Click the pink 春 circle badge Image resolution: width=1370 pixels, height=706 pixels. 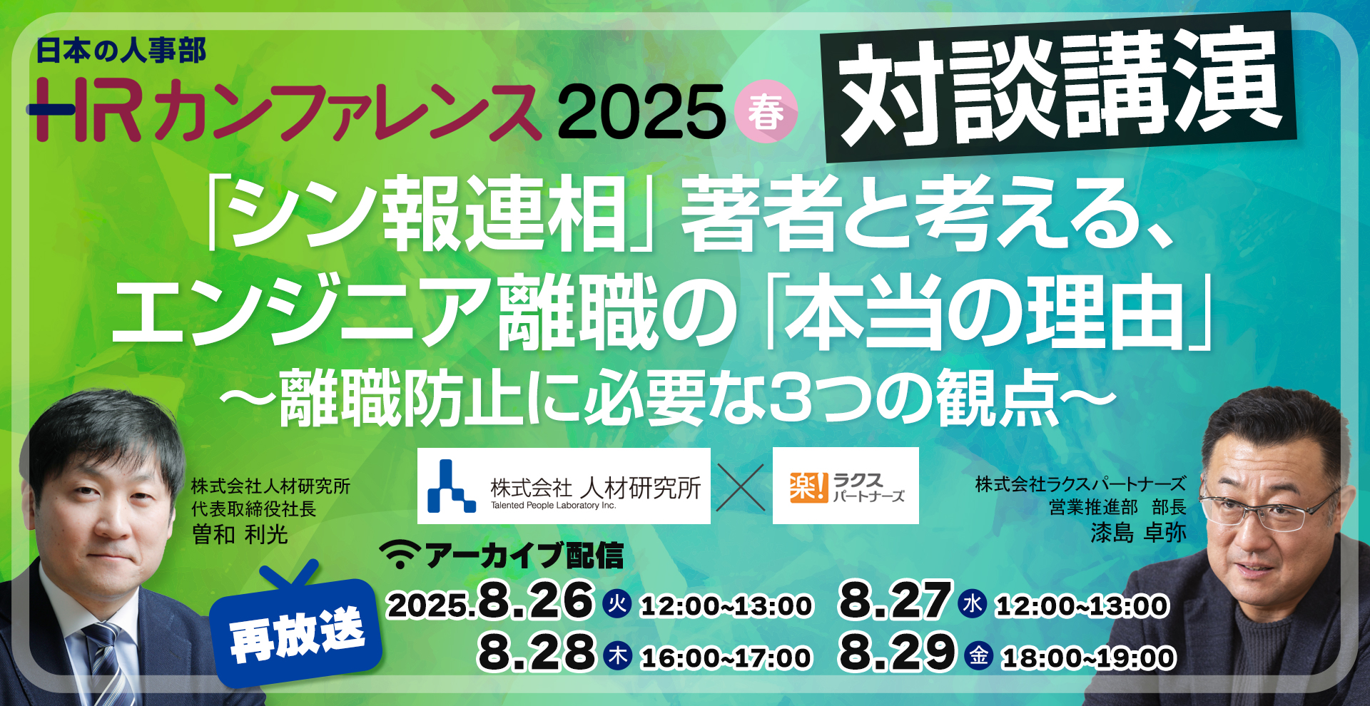coord(766,112)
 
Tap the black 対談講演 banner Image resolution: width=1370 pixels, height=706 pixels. coord(1060,86)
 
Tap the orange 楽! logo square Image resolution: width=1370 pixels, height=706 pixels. coord(808,487)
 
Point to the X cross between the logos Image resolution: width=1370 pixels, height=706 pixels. coord(740,487)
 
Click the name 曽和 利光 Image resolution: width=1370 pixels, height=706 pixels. coord(240,534)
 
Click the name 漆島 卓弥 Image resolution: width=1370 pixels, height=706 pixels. coord(1138,532)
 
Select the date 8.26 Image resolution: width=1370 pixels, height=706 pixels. coord(535,600)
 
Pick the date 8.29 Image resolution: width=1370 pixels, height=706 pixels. coord(897,652)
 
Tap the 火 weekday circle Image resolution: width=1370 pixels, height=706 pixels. coord(617,604)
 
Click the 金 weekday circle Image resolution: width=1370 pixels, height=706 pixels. coord(979,655)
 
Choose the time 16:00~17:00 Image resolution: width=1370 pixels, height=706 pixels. coord(726,658)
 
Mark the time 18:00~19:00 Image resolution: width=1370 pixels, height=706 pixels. coord(1089,658)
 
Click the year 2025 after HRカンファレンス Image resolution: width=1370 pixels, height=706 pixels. coord(641,112)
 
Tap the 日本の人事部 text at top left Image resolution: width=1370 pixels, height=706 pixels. coord(121,51)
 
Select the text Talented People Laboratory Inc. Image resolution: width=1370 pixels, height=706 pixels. coord(553,506)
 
